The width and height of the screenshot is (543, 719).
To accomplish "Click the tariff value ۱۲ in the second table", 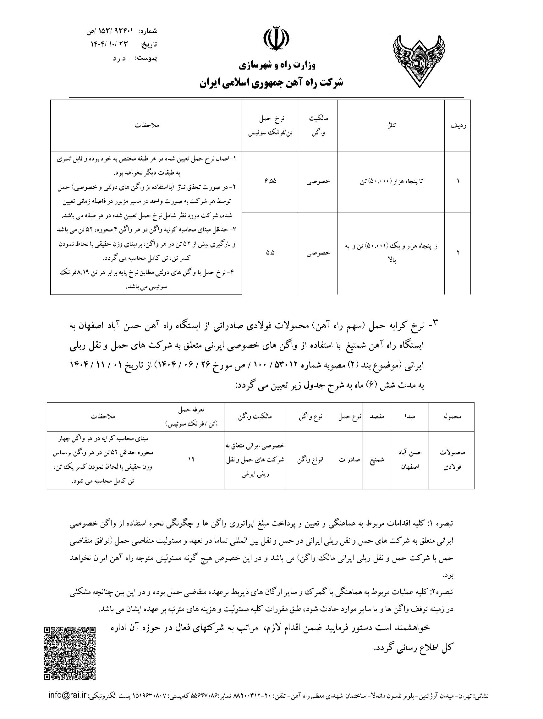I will pos(191,460).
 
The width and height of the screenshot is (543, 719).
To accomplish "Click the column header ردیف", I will pos(458,126).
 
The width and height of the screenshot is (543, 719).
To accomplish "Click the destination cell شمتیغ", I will pos(377,460).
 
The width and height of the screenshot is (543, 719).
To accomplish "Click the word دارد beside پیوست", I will pos(119,58).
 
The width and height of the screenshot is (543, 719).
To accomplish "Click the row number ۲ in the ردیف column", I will pos(458,253).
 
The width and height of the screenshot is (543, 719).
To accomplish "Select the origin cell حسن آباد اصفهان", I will pos(410,460).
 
